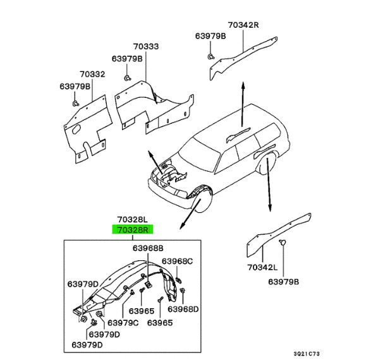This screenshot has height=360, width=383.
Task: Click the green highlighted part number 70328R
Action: coord(130,230)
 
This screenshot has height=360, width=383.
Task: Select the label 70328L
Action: coord(130,220)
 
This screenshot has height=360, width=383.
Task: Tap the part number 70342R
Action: coord(243,25)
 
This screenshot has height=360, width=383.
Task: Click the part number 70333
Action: coord(146,47)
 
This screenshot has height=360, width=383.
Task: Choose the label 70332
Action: coord(92,75)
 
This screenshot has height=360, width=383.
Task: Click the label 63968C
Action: coord(178,261)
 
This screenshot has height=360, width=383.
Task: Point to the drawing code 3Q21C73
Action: coord(358,353)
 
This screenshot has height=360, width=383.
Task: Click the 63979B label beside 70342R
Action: coord(210,37)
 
